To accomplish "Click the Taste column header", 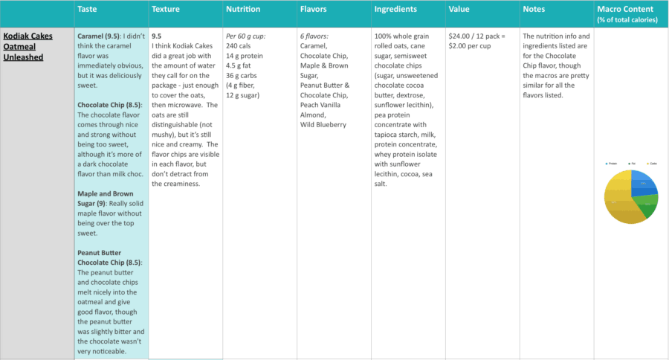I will tap(87, 10).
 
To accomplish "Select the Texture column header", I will tap(165, 10).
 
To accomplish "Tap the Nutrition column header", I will tap(243, 10).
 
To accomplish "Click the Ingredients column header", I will tap(395, 10).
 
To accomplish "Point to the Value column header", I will tap(459, 10).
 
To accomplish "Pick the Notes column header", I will tap(534, 10).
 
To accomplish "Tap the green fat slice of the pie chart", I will tap(648, 205).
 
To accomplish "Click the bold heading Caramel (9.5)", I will tap(100, 36).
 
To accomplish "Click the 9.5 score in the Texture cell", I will tap(157, 36).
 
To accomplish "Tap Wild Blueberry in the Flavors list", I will tap(323, 124).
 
